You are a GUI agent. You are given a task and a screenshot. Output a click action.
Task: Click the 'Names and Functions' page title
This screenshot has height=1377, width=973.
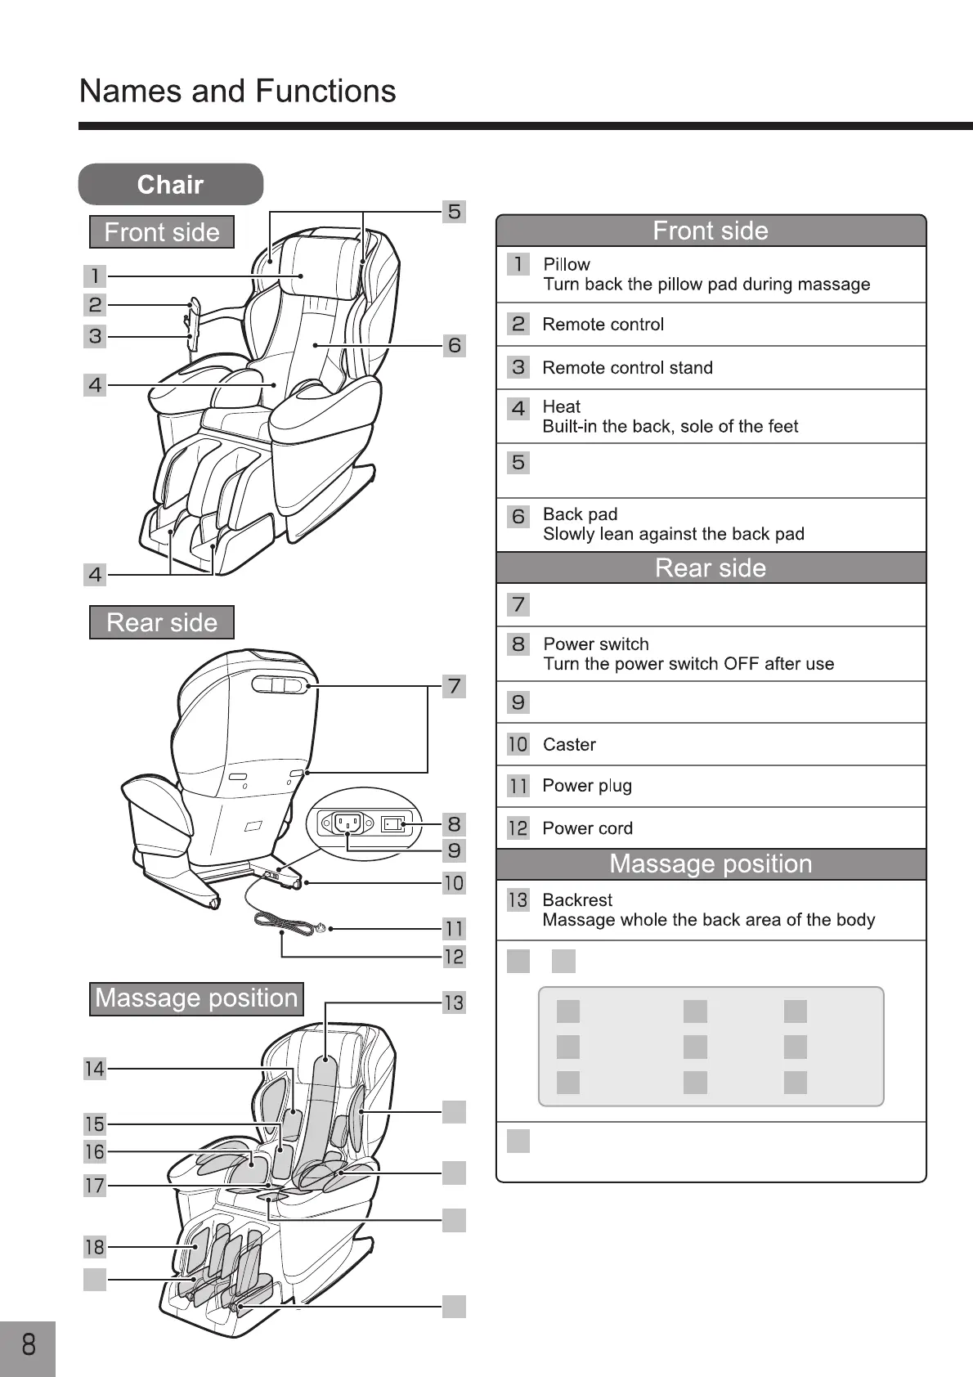click(237, 91)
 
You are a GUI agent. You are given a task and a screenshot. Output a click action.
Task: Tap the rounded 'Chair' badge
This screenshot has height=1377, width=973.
click(171, 184)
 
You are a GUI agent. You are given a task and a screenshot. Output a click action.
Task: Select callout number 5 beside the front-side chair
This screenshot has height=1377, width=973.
click(454, 212)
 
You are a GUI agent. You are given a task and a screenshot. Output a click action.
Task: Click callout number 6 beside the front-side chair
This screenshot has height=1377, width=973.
click(454, 345)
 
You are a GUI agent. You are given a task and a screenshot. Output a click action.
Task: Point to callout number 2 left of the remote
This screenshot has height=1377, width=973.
click(95, 305)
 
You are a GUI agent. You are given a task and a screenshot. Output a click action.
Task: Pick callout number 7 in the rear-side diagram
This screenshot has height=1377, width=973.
click(454, 686)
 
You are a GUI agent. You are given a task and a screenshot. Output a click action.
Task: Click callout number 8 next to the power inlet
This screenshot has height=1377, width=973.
click(454, 823)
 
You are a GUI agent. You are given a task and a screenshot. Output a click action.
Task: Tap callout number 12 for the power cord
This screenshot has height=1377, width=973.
click(454, 956)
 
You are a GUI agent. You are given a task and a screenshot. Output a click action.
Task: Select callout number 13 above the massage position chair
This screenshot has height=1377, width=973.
click(454, 1002)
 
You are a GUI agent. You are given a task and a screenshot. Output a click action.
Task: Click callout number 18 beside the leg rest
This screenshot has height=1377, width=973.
click(95, 1247)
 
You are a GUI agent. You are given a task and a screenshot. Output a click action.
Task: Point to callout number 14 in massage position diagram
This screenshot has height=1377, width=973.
click(95, 1069)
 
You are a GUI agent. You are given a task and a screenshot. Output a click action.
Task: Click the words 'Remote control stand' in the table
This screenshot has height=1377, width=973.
click(627, 368)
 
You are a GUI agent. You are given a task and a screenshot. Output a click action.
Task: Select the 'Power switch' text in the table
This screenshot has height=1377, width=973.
click(596, 644)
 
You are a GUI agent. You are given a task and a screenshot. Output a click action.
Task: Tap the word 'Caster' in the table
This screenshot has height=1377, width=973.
click(569, 745)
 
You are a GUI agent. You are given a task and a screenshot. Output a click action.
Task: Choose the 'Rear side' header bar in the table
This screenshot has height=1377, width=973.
click(711, 567)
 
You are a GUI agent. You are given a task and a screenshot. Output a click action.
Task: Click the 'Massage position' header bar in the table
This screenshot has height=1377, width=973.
click(711, 864)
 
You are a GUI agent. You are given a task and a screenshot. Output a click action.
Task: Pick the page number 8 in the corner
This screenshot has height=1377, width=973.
click(29, 1344)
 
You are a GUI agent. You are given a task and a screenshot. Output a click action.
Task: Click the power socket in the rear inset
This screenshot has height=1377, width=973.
click(347, 823)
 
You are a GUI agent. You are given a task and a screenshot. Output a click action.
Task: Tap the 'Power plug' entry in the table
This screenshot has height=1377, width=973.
click(587, 786)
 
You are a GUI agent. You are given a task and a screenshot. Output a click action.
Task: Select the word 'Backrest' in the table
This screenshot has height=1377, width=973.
click(577, 900)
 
